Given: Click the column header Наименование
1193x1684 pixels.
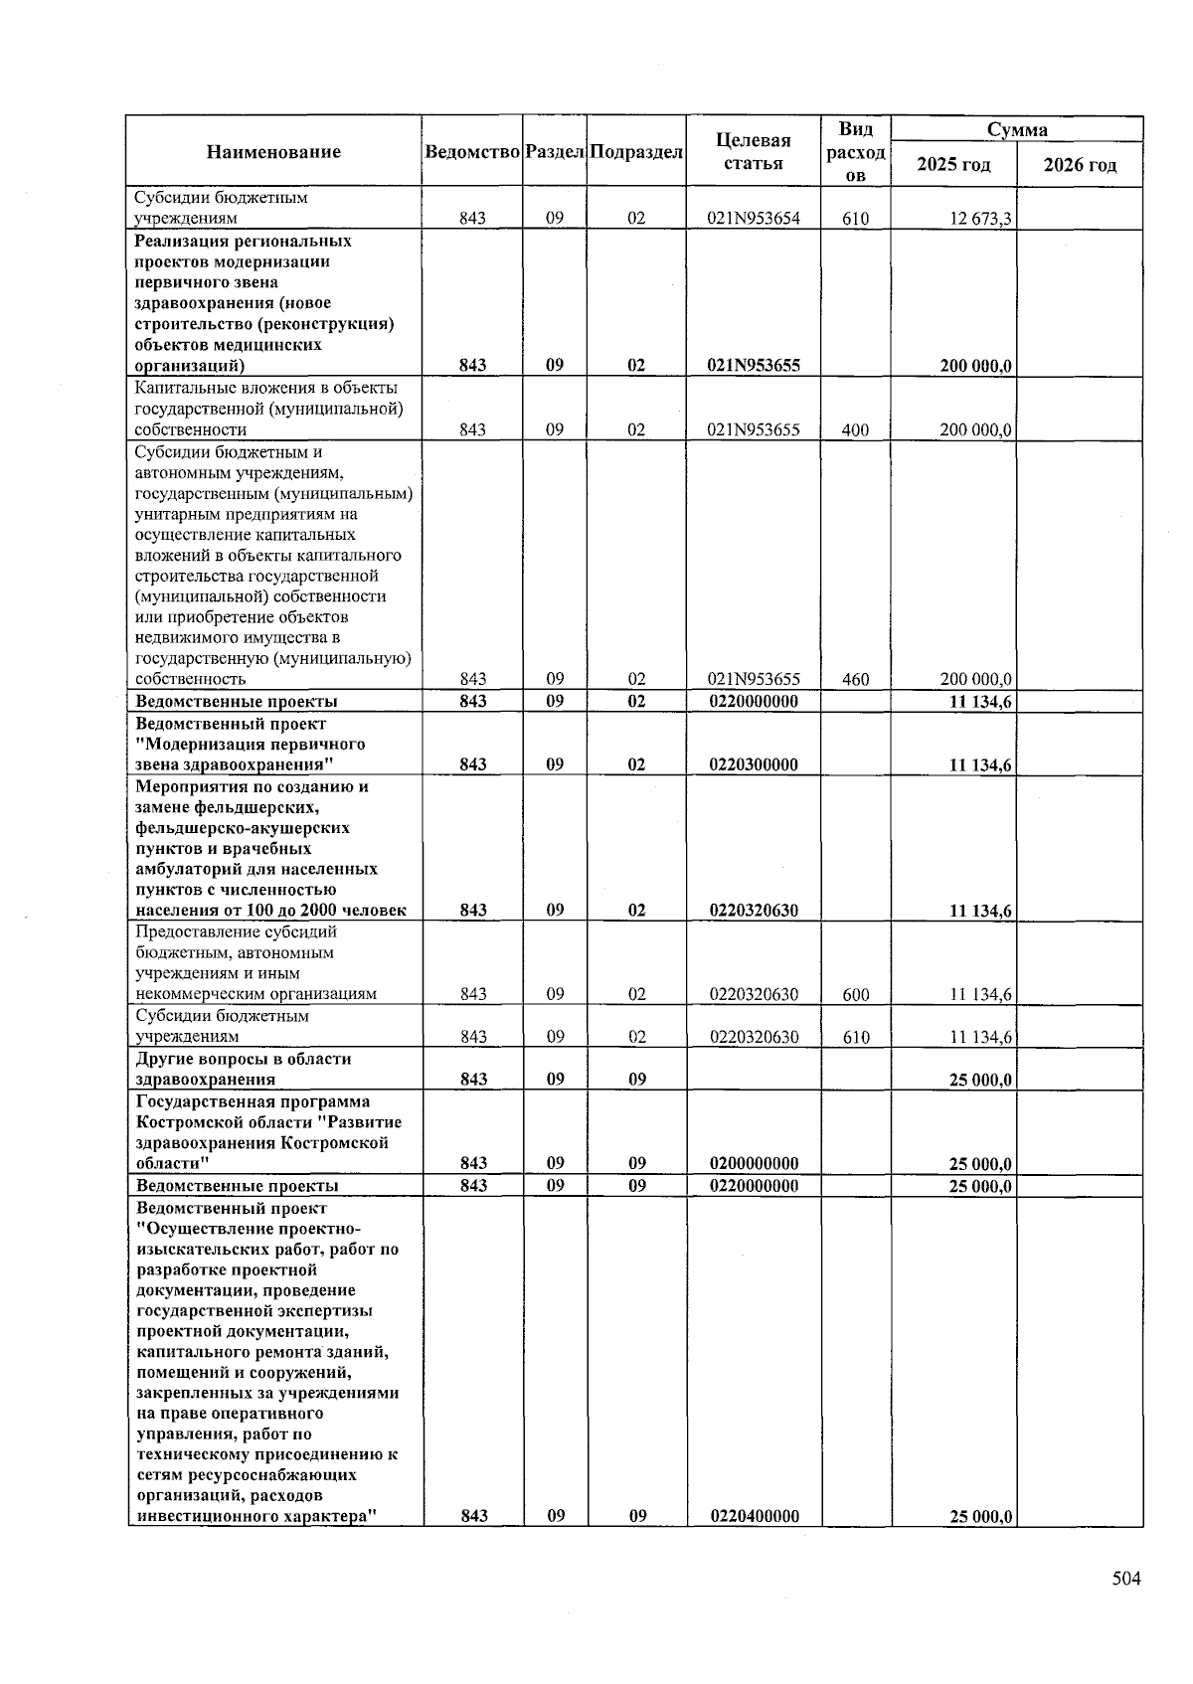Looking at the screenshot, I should click(273, 152).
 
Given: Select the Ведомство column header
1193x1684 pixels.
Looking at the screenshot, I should click(472, 152).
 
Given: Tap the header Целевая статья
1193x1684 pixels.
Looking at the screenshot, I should click(753, 152).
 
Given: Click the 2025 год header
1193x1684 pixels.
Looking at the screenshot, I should click(952, 165).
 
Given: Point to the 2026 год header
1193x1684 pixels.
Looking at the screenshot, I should click(1079, 165).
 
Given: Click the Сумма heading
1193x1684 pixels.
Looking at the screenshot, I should click(1016, 130).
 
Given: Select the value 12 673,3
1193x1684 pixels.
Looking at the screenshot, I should click(980, 219).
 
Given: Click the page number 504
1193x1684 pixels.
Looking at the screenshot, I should click(1125, 1579).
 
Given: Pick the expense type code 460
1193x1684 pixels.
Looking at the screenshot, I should click(855, 680).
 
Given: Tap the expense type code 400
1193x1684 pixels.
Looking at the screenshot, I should click(855, 430).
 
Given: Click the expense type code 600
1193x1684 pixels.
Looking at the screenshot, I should click(855, 994).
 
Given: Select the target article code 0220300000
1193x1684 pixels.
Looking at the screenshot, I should click(753, 764).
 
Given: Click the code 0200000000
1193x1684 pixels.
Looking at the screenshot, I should click(753, 1163).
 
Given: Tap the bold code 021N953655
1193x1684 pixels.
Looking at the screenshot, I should click(753, 365).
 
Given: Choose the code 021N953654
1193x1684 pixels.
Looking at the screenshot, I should click(753, 219).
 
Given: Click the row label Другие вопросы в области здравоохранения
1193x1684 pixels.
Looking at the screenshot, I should click(244, 1069).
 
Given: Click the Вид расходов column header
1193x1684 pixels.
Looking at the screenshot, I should click(855, 152).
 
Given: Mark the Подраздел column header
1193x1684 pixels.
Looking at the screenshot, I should click(636, 152).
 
